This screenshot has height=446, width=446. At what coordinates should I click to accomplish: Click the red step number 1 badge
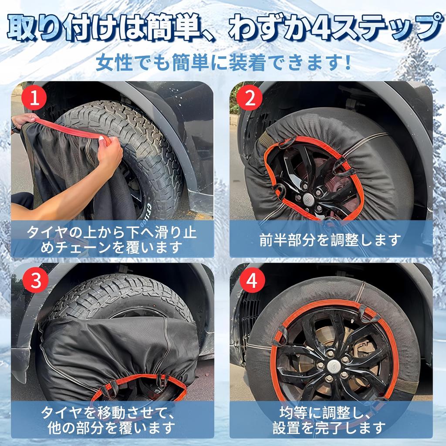pos(34,98)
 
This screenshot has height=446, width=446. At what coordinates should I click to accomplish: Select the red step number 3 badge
pos(35,280)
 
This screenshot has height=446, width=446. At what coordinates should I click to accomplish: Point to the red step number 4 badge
pos(252,280)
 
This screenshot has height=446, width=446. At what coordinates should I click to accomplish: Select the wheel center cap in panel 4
pos(332,366)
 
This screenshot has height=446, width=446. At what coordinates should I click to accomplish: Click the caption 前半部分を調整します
pos(330,240)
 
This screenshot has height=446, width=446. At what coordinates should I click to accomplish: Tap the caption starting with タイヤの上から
pos(111,240)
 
